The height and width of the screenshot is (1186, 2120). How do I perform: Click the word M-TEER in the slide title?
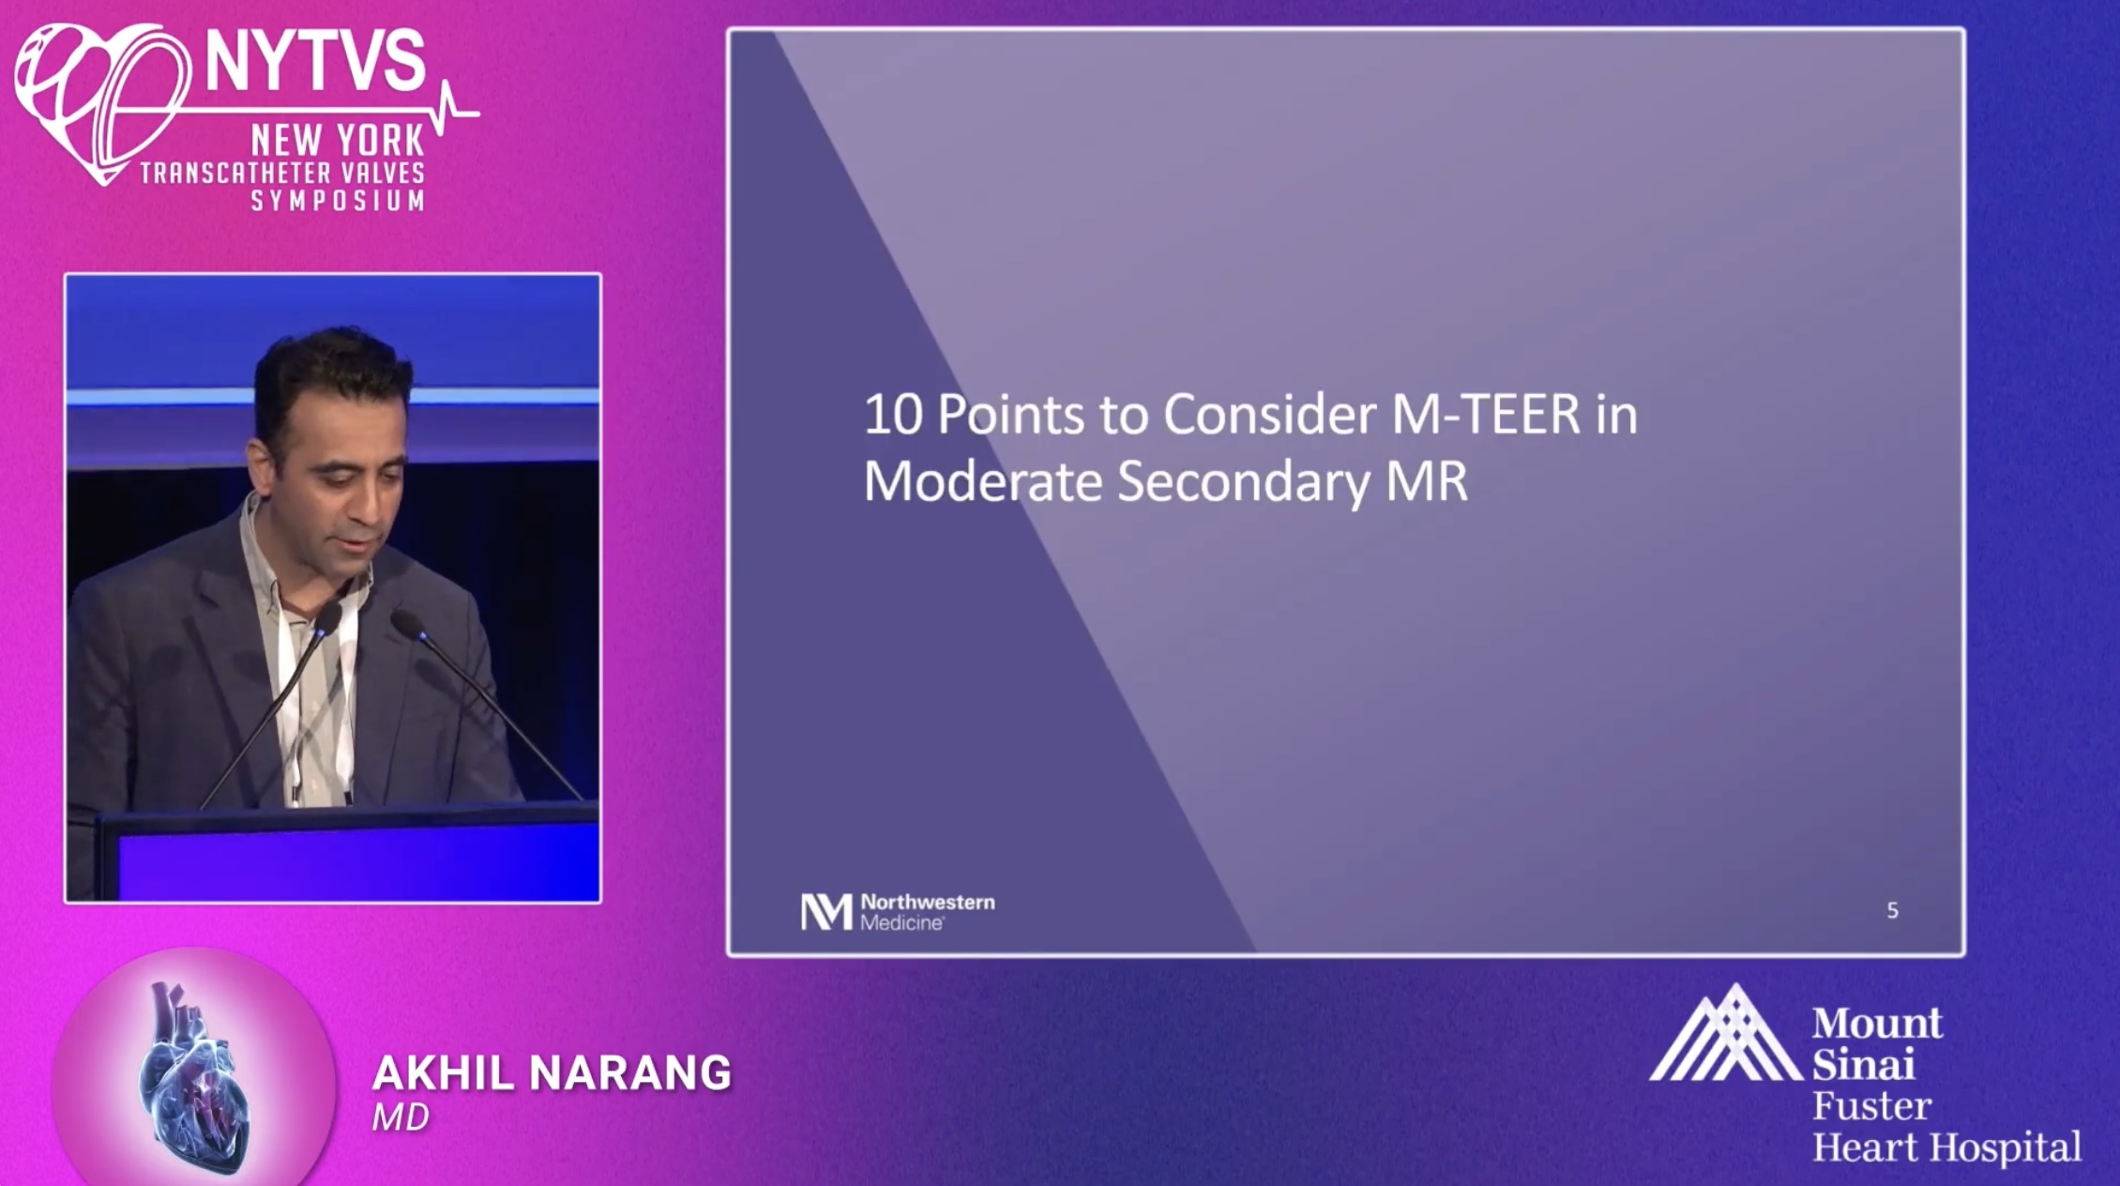point(1486,415)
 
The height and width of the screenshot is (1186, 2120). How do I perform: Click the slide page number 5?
point(1892,910)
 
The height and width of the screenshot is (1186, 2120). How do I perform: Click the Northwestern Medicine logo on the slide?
point(898,911)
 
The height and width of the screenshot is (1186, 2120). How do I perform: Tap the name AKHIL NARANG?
point(552,1073)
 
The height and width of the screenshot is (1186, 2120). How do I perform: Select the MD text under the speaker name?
point(401,1118)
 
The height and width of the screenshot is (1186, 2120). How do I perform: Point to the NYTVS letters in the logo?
point(314,61)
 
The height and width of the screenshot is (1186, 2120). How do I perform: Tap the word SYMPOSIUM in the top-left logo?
point(338,201)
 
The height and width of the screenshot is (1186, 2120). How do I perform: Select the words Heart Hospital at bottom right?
point(1946,1147)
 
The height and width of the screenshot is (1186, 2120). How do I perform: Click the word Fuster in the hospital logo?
point(1871,1106)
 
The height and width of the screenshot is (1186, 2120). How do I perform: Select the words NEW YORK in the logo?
point(338,142)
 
